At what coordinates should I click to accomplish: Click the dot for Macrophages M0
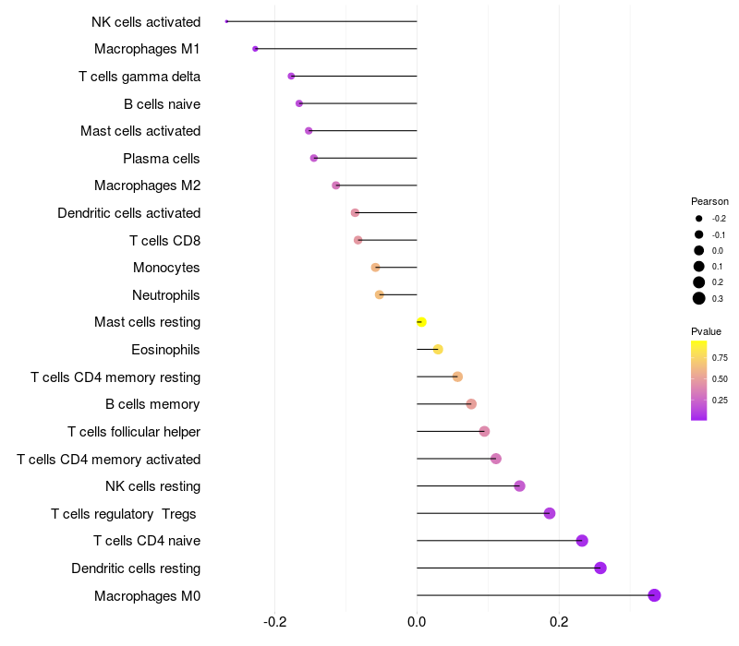pyautogui.click(x=654, y=595)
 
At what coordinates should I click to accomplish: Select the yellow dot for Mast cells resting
pyautogui.click(x=421, y=322)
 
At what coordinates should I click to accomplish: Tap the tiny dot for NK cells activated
pyautogui.click(x=226, y=21)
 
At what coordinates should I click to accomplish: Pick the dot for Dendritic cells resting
pyautogui.click(x=600, y=568)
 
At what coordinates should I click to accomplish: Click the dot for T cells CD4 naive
pyautogui.click(x=582, y=541)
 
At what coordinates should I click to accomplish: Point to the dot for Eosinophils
pyautogui.click(x=438, y=349)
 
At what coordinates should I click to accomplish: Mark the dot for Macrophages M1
pyautogui.click(x=255, y=49)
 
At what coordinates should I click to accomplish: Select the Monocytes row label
pyautogui.click(x=166, y=268)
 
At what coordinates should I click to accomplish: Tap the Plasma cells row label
pyautogui.click(x=162, y=159)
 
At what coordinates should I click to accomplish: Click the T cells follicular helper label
pyautogui.click(x=134, y=432)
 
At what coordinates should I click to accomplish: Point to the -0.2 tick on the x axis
pyautogui.click(x=275, y=622)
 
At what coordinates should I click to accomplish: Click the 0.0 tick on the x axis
pyautogui.click(x=417, y=622)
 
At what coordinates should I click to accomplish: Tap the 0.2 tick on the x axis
pyautogui.click(x=559, y=622)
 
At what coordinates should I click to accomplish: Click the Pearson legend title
pyautogui.click(x=709, y=201)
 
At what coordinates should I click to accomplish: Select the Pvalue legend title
pyautogui.click(x=706, y=331)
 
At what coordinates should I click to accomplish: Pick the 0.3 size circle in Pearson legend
pyautogui.click(x=699, y=298)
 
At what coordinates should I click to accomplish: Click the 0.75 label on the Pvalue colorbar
pyautogui.click(x=720, y=357)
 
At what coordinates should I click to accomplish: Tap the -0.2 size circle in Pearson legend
pyautogui.click(x=699, y=219)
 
